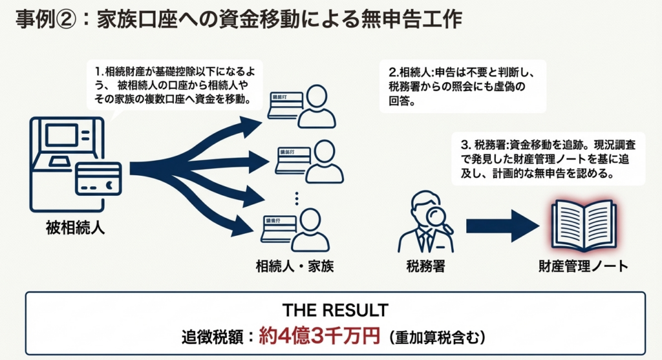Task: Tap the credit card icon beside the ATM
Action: [98, 179]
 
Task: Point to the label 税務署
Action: [425, 266]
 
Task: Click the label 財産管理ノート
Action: [583, 266]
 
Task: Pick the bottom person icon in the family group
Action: [313, 229]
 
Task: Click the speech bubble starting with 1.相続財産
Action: [175, 85]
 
